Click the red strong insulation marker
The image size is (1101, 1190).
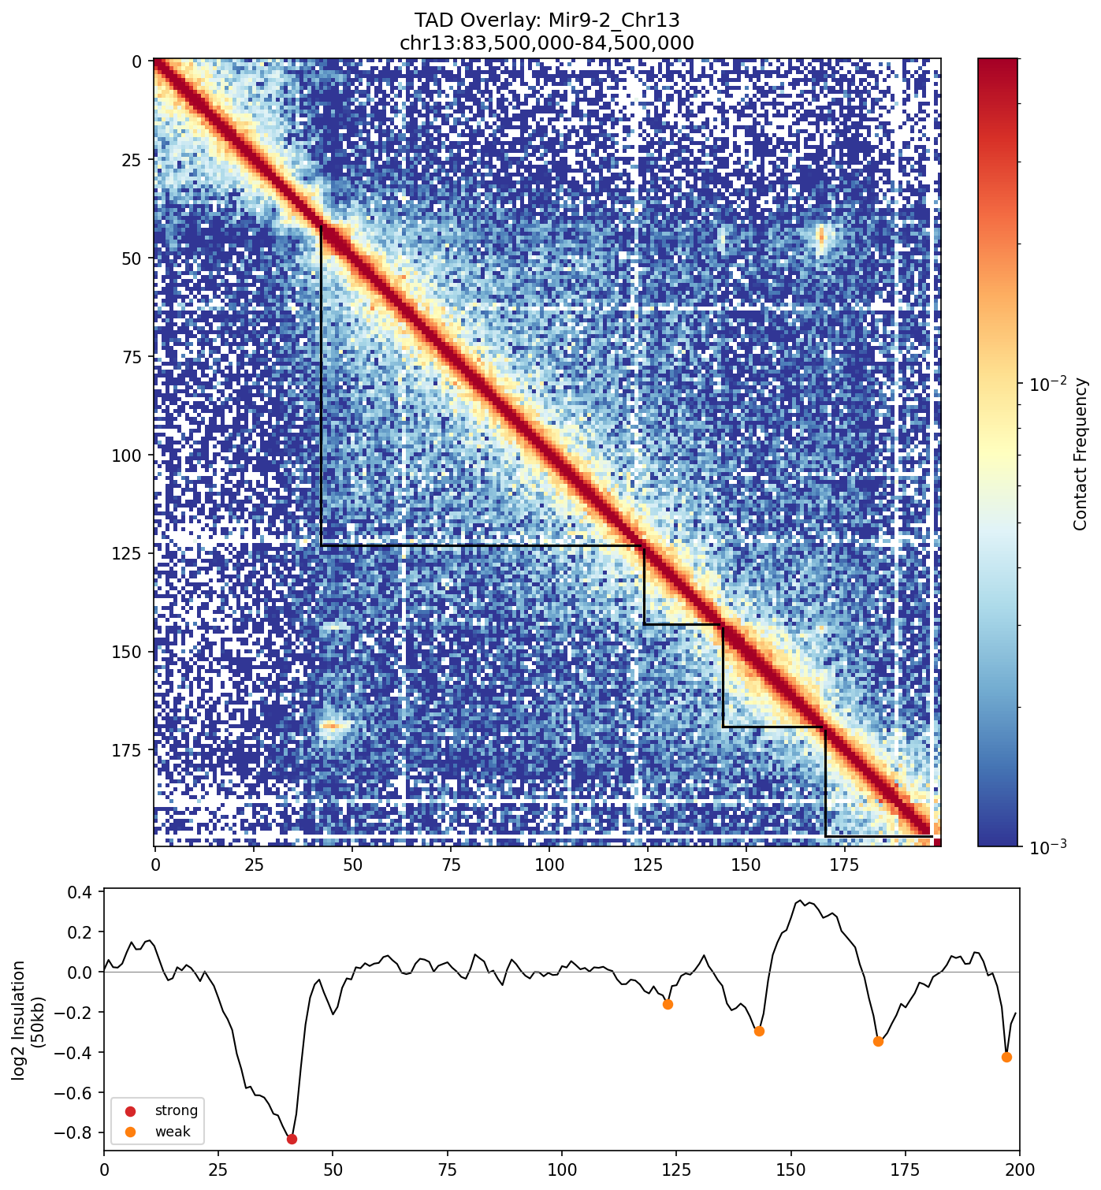point(292,1139)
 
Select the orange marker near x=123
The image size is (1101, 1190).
point(668,1004)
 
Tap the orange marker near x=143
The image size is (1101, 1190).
point(759,1031)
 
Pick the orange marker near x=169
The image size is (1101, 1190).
point(878,1041)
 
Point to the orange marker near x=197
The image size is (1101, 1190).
point(1006,1057)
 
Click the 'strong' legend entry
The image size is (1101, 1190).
point(176,1110)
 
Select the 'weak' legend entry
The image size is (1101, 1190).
point(173,1132)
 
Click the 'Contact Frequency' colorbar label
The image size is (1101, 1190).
point(1080,453)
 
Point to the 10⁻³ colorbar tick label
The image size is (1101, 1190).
point(1046,846)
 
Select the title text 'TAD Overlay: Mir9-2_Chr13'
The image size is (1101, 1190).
point(547,20)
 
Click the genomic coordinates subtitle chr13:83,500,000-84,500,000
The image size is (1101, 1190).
point(547,43)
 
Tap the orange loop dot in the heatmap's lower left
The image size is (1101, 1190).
point(329,725)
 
